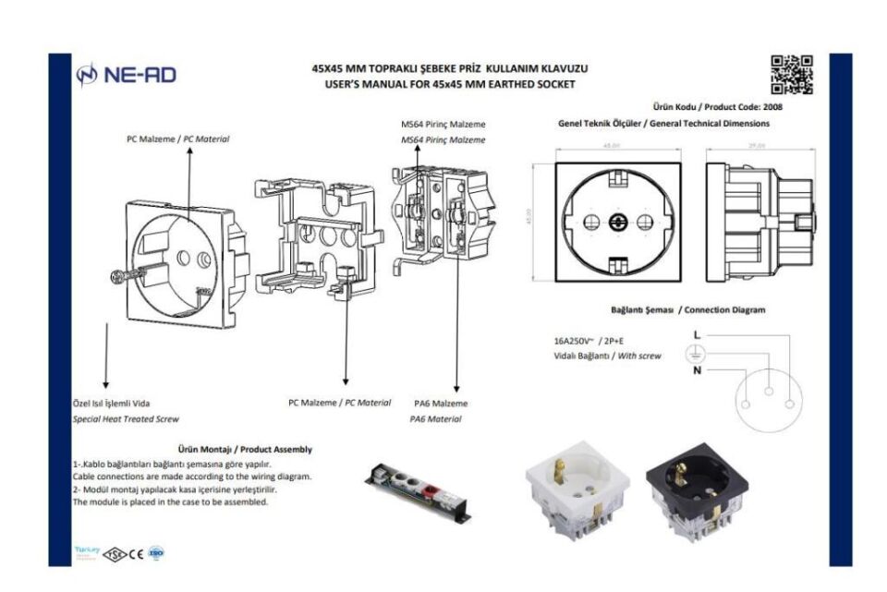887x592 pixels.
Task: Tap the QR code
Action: [x=792, y=75]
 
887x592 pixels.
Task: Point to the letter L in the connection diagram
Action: [x=698, y=333]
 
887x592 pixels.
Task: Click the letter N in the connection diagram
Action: [x=698, y=370]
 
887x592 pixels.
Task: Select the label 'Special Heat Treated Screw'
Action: [x=125, y=418]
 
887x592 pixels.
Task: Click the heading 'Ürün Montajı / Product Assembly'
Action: [x=244, y=449]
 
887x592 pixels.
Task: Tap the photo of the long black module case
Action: [x=419, y=483]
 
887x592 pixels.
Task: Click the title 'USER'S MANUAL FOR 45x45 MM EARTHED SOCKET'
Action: [x=450, y=84]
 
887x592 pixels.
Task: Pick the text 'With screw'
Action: [x=639, y=356]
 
